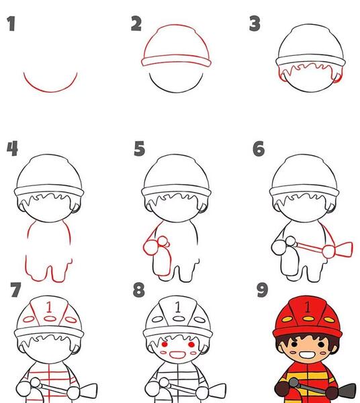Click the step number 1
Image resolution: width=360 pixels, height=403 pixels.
tap(11, 24)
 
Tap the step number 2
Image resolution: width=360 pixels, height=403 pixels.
tap(136, 24)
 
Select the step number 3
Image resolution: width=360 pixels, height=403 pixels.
tap(255, 24)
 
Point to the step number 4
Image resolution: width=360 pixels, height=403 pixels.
tap(12, 148)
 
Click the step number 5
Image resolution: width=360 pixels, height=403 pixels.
tap(140, 148)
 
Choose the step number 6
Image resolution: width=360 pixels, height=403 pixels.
tap(259, 148)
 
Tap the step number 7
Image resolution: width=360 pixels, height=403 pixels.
tap(15, 289)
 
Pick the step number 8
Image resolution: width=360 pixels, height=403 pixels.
tap(139, 290)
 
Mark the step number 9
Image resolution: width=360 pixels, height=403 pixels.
tap(263, 290)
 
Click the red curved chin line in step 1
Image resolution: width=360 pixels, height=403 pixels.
tap(50, 91)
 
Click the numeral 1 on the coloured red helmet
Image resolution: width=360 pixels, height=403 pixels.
tap(308, 307)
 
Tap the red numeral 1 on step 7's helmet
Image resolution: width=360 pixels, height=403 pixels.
tap(49, 307)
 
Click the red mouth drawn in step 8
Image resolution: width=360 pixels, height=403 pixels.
tap(177, 355)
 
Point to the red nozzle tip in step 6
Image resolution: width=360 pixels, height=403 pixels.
tap(344, 249)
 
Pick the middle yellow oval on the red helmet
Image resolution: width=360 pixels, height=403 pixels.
tap(308, 318)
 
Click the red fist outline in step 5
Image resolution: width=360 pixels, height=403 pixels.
tap(150, 248)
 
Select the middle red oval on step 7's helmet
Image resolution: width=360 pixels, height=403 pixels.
tap(50, 319)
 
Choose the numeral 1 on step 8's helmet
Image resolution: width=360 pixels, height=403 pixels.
tap(177, 307)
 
